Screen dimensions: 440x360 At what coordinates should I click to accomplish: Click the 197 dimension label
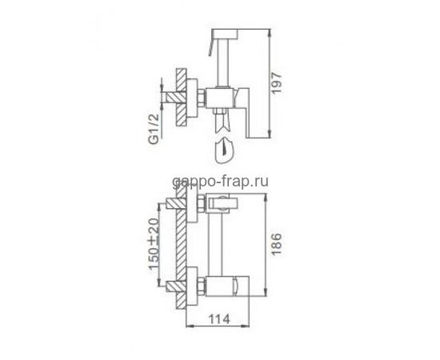click(277, 82)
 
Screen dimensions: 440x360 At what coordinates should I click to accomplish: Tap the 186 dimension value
click(277, 244)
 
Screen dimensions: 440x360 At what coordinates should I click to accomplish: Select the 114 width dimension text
click(219, 318)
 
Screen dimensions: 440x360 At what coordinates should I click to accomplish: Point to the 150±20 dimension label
click(154, 243)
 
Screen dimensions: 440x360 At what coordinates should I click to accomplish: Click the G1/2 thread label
click(154, 129)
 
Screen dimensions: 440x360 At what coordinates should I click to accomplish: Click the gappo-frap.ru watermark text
click(220, 182)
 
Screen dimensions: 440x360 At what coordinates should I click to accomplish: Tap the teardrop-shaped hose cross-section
click(224, 150)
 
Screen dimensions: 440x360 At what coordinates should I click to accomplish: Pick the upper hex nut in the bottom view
click(202, 203)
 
